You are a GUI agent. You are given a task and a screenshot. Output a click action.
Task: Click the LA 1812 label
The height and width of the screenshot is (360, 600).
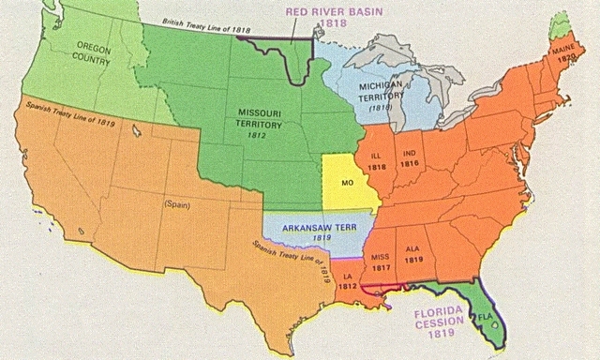click(x=348, y=281)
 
